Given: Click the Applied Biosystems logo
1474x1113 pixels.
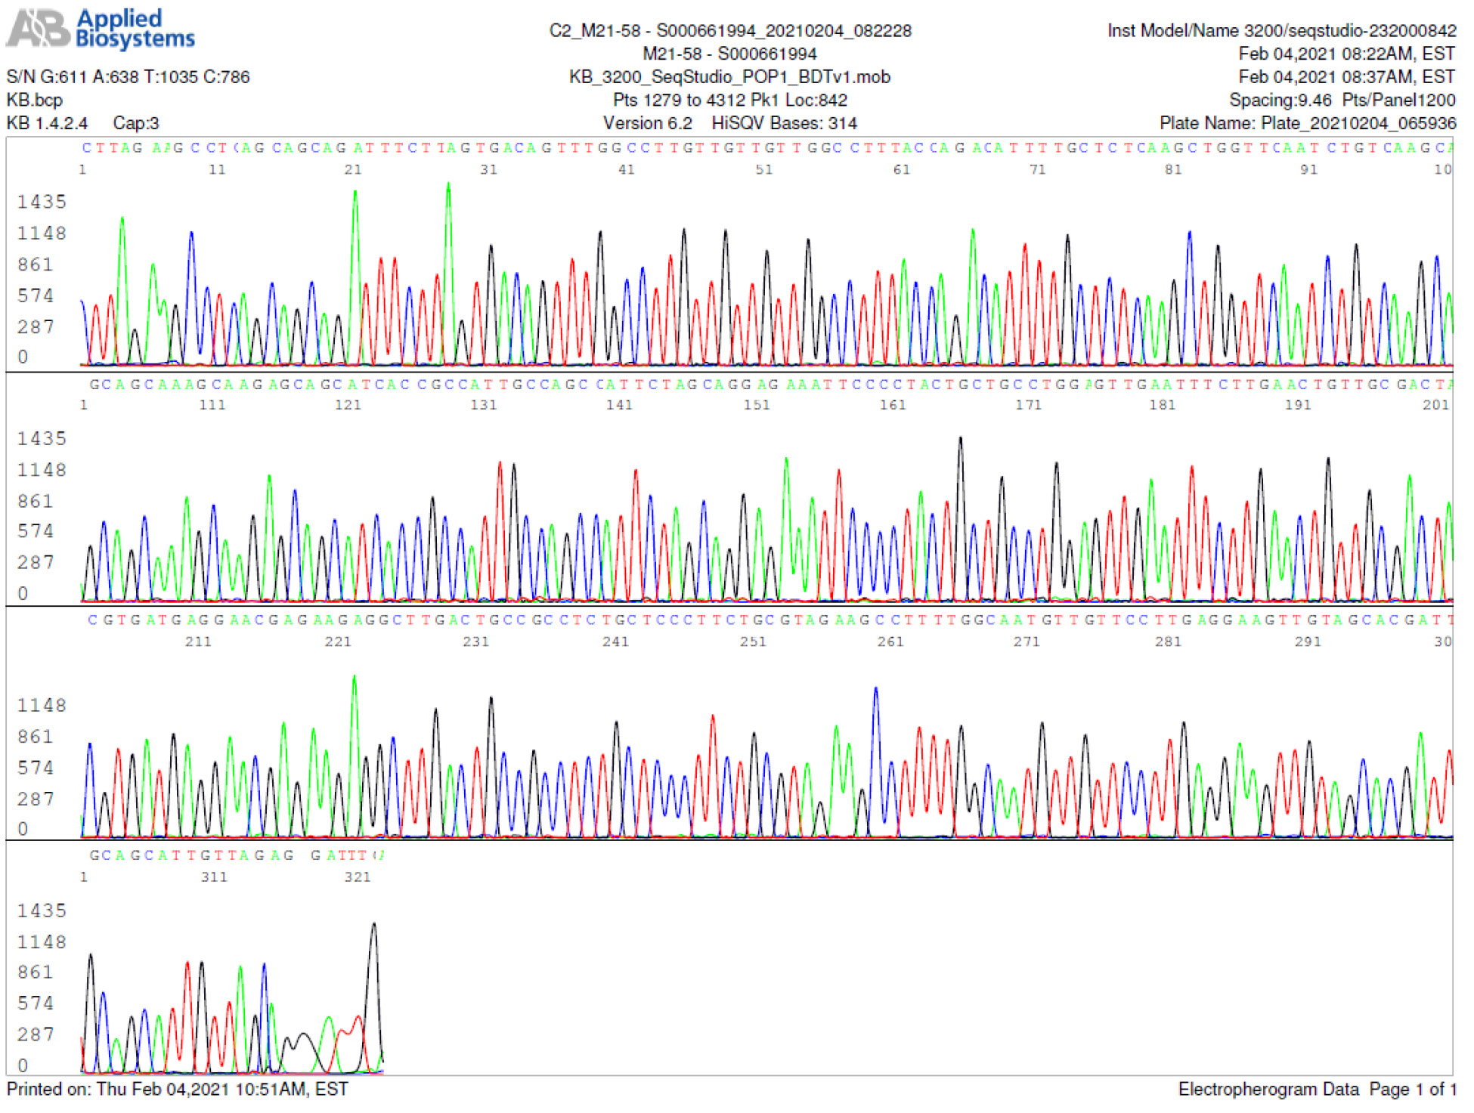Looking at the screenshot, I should [x=101, y=29].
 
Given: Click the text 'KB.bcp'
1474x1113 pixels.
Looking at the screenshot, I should [x=34, y=100].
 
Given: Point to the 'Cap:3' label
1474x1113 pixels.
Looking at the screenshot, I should [x=136, y=123].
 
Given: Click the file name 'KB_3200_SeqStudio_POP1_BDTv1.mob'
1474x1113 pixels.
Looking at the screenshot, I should [x=729, y=77].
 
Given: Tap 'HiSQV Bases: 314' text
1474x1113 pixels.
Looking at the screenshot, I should [x=784, y=123].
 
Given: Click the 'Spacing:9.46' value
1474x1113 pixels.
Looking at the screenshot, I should [x=1280, y=100].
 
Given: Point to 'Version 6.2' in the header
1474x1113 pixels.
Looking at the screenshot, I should [x=647, y=123].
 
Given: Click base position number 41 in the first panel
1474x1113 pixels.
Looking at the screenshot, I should [x=627, y=170].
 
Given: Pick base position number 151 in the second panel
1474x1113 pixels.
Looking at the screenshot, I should [x=757, y=405].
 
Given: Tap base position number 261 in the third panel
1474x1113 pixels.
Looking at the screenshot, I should [x=890, y=642].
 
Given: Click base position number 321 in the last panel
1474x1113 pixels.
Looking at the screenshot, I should [x=358, y=877].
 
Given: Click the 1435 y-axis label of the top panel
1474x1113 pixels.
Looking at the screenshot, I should [x=42, y=202].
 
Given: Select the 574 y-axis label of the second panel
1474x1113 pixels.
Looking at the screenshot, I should [x=36, y=531].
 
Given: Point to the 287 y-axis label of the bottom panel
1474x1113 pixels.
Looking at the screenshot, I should [x=36, y=1034].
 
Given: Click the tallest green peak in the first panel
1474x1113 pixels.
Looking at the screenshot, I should [x=448, y=186].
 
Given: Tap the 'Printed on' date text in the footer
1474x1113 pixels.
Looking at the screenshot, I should [x=177, y=1089].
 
